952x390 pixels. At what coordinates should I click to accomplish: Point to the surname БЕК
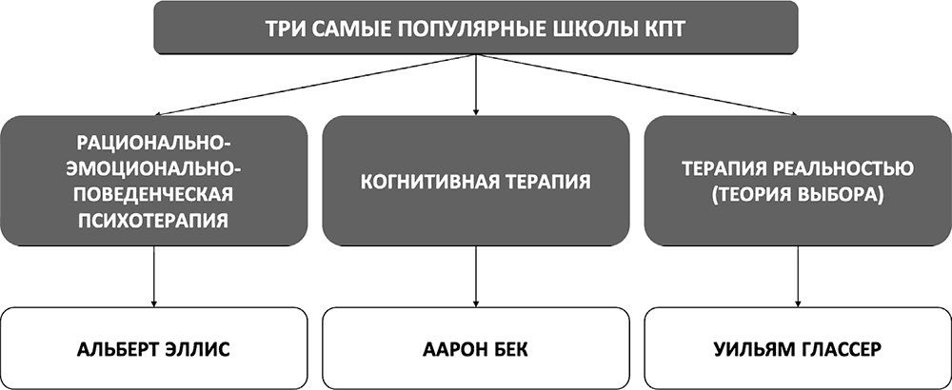pos(508,350)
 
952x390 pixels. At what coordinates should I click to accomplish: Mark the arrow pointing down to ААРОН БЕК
pos(475,276)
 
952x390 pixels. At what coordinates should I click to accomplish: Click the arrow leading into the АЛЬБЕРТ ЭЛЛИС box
pos(153,276)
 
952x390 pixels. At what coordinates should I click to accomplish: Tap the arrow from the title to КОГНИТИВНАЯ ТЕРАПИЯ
pos(475,85)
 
